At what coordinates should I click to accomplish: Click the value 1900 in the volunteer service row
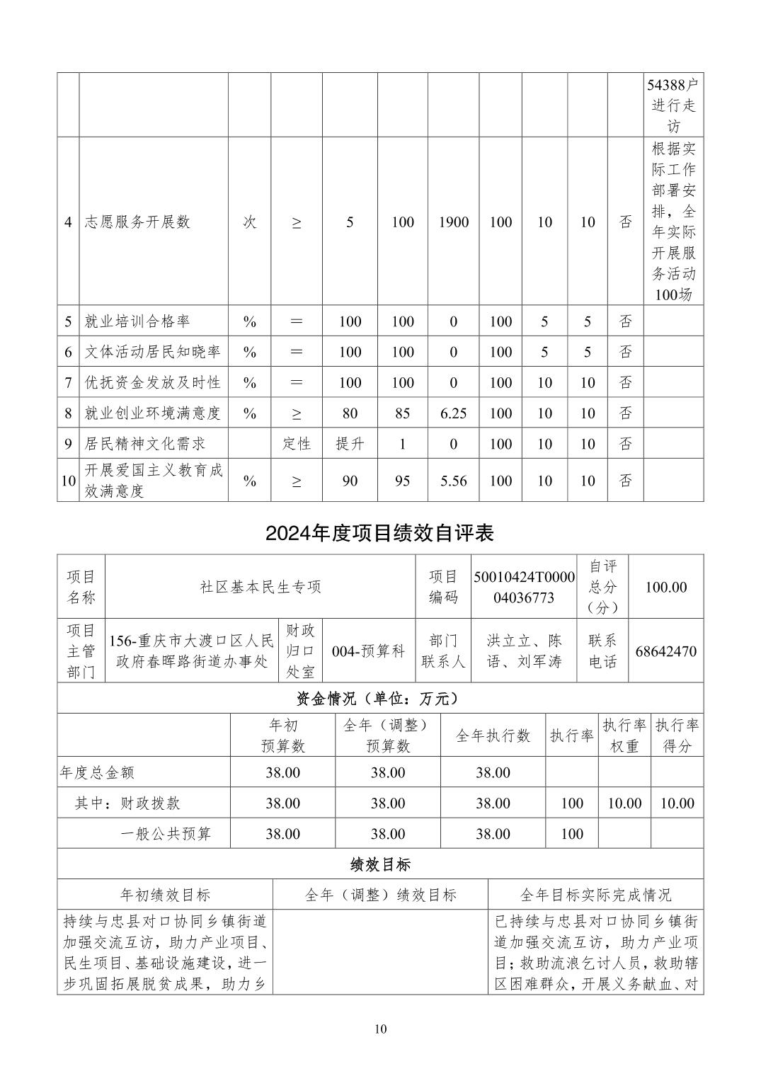coord(453,222)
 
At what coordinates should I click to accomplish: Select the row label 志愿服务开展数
coord(137,222)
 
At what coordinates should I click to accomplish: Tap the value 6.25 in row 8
coord(453,413)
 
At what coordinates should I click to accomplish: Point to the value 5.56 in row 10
coord(453,481)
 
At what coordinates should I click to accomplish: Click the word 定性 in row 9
coord(297,444)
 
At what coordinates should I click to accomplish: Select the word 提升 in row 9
coord(350,444)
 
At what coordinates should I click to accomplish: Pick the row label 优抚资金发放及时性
coord(153,382)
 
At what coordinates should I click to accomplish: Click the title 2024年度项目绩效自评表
coord(380,533)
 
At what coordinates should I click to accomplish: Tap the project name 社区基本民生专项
coord(261,587)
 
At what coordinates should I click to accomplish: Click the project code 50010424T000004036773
coord(524,587)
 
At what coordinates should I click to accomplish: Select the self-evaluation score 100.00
coord(666,587)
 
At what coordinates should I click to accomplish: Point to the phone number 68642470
coord(666,651)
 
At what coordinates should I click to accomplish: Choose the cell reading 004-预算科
coord(368,651)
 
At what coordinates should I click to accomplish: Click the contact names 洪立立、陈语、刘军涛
coord(524,651)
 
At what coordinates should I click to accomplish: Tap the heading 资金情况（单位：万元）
coord(380,699)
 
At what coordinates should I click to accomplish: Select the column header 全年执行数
coord(493,736)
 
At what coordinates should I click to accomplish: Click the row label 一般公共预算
coord(166,834)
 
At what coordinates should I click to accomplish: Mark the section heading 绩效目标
coord(380,864)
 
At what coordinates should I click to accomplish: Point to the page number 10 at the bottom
coord(381,1029)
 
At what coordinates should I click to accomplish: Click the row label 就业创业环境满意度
coord(153,413)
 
